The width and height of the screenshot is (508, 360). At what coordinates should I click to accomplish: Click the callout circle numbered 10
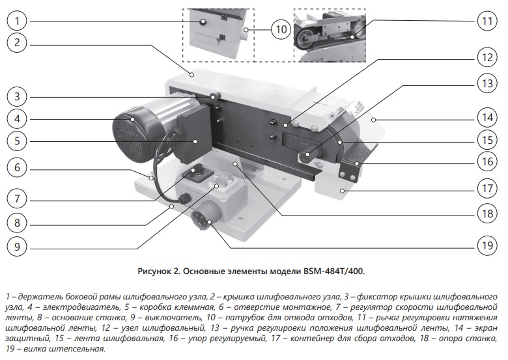tap(280, 29)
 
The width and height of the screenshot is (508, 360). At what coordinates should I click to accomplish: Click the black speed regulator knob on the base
tap(195, 172)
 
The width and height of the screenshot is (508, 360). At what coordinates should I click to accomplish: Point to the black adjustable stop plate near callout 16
tap(351, 168)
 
